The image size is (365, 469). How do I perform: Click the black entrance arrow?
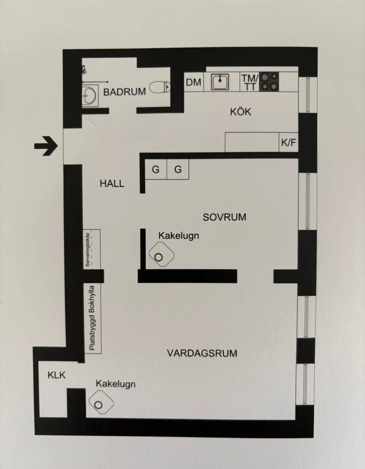tap(46, 146)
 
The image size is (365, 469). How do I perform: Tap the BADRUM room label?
tap(124, 92)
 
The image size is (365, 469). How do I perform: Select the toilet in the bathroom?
tap(160, 88)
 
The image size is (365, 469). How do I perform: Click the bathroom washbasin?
tap(90, 96)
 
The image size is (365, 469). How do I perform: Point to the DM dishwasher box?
tap(193, 82)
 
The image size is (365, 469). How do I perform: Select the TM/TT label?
tap(249, 82)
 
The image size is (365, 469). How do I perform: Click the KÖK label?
tap(241, 112)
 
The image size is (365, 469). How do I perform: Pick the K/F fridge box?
tap(288, 142)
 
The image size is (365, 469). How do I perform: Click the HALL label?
tap(112, 184)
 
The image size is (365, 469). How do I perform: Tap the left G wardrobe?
tap(156, 169)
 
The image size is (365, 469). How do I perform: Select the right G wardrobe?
tap(178, 169)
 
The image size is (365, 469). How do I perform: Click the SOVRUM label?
tap(224, 217)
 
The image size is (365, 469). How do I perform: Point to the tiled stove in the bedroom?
tap(161, 254)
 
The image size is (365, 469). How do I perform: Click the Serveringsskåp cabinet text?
tap(88, 250)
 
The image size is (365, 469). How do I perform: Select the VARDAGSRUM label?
tap(202, 353)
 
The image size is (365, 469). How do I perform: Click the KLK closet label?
tap(56, 375)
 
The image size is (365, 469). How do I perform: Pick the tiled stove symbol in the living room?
tap(101, 402)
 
